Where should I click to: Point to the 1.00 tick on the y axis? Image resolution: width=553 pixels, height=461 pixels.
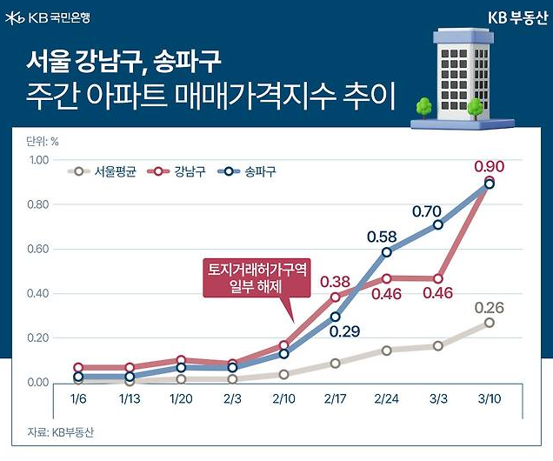click(x=40, y=160)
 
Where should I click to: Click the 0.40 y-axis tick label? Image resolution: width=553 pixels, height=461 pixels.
click(x=40, y=294)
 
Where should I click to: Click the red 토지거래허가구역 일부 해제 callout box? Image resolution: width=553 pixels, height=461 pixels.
click(x=257, y=278)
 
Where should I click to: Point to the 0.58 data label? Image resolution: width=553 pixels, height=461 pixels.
click(x=383, y=236)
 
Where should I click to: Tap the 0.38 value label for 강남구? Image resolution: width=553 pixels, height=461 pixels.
click(x=336, y=281)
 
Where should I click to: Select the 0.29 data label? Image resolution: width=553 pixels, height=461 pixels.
click(x=345, y=331)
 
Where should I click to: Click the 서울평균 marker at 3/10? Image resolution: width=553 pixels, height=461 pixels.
click(x=490, y=323)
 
